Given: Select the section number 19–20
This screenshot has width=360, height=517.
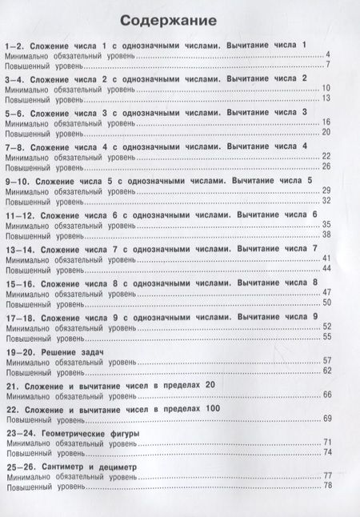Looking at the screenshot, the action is point(18,352).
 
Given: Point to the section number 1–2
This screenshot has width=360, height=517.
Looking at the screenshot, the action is point(14,46).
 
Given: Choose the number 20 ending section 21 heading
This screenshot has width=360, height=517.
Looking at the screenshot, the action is point(210,387).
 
